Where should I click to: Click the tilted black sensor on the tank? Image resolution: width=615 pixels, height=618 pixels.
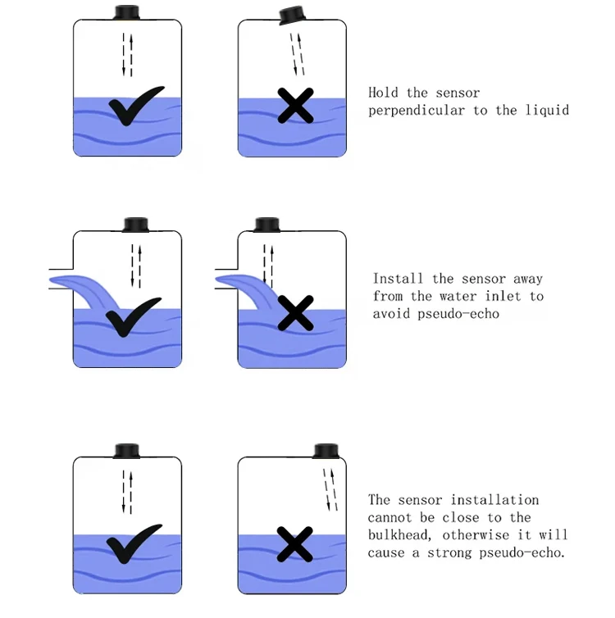[x=293, y=15]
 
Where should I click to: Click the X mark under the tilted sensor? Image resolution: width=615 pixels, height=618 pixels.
[x=296, y=106]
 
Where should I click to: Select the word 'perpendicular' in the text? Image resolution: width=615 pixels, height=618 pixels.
[x=417, y=111]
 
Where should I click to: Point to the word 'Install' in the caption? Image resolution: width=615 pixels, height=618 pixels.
[x=398, y=279]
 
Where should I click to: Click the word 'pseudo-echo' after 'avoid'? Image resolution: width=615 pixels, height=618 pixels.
[x=458, y=314]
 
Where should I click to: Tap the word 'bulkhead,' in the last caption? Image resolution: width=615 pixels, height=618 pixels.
[x=400, y=535]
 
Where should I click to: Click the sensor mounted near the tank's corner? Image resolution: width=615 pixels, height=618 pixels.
[x=326, y=451]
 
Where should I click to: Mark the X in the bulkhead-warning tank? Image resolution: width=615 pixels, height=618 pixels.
[x=295, y=544]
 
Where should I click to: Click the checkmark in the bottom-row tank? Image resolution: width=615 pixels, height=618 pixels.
[x=134, y=543]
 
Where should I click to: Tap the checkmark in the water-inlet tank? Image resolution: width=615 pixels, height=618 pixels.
[x=133, y=317]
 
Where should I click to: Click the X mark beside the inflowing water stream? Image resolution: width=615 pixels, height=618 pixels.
[x=296, y=313]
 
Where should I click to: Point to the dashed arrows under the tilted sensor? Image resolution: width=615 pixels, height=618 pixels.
[x=297, y=54]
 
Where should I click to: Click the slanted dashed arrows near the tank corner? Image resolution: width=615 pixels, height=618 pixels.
[x=330, y=490]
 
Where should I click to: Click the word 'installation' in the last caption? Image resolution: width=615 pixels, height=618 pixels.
[x=494, y=500]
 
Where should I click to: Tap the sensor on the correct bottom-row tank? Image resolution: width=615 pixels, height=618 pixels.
[x=127, y=451]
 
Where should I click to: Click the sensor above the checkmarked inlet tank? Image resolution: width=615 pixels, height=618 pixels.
[x=135, y=225]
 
